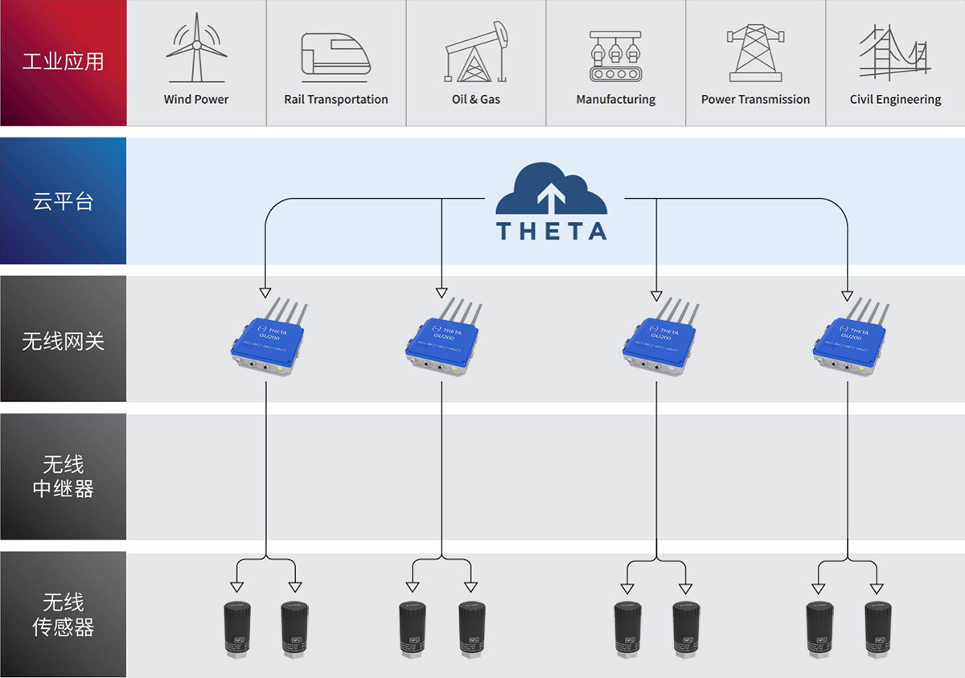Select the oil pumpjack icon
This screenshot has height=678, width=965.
pyautogui.click(x=477, y=52)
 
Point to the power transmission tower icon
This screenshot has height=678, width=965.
pyautogui.click(x=755, y=52)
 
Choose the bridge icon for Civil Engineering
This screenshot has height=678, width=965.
pyautogui.click(x=894, y=52)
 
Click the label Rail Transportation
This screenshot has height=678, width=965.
pyautogui.click(x=335, y=100)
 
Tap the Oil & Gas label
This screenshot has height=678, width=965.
pyautogui.click(x=476, y=100)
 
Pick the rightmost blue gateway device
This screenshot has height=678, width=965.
pyautogui.click(x=848, y=339)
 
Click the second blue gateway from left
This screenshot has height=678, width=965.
pyautogui.click(x=441, y=339)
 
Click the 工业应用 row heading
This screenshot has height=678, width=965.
pyautogui.click(x=63, y=62)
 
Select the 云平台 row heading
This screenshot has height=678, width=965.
pyautogui.click(x=63, y=201)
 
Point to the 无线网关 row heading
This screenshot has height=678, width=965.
pyautogui.click(x=63, y=340)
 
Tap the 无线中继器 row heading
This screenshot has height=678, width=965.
pyautogui.click(x=63, y=476)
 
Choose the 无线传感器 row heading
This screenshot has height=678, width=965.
pyautogui.click(x=63, y=614)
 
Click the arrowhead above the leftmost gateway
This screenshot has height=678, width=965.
pyautogui.click(x=265, y=291)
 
